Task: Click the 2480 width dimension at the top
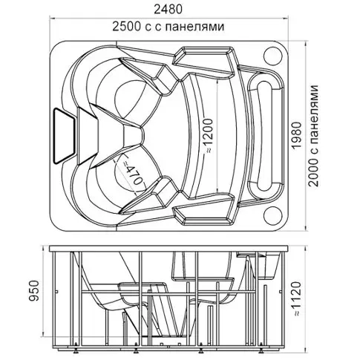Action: pos(168,9)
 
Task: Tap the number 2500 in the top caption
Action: pos(127,27)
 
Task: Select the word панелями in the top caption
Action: pos(194,27)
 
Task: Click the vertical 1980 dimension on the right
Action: pos(297,135)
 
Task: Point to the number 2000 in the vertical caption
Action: pos(313,173)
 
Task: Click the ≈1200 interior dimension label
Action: pos(209,136)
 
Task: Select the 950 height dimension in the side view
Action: pos(33,290)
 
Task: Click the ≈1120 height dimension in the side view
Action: pos(296,298)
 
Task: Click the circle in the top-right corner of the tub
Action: pos(273,56)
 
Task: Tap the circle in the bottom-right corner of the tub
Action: pos(273,215)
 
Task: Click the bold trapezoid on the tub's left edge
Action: pos(64,136)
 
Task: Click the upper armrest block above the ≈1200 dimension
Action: pos(203,59)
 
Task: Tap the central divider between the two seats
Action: pos(133,136)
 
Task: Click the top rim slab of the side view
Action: pos(169,249)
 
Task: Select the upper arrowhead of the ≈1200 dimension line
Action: pos(217,81)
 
